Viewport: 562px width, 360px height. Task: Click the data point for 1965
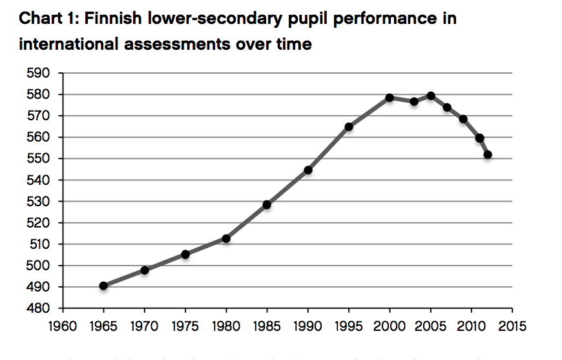click(x=103, y=286)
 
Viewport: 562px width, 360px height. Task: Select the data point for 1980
click(x=226, y=238)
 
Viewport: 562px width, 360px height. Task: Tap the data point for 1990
click(x=308, y=170)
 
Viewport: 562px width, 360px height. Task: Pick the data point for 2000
click(x=390, y=98)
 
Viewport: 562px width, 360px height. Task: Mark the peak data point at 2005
click(x=431, y=96)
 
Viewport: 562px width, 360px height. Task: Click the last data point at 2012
click(x=488, y=154)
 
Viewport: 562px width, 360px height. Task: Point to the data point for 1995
click(x=349, y=127)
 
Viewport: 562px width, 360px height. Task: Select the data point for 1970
click(x=145, y=270)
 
